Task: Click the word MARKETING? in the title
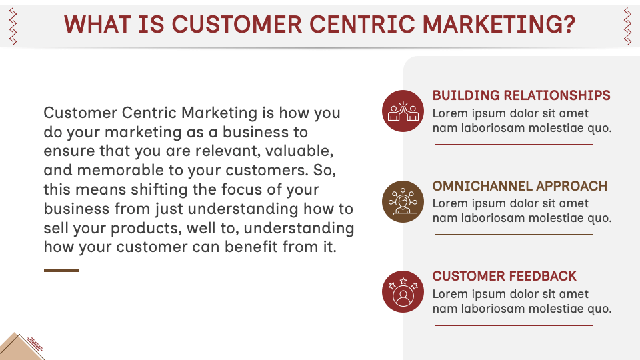[x=499, y=25]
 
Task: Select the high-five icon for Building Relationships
[x=403, y=111]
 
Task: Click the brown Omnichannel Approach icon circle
[x=403, y=201]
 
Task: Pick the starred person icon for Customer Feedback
[x=403, y=292]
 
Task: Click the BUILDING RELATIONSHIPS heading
[x=521, y=95]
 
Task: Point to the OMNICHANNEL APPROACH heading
[x=520, y=186]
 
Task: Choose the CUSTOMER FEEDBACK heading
[x=505, y=276]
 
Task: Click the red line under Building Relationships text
[x=513, y=145]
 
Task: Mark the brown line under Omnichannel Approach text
[x=513, y=235]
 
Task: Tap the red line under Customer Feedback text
[x=513, y=325]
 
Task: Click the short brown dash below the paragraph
[x=61, y=271]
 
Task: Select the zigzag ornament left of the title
[x=13, y=26]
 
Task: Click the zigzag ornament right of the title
[x=627, y=26]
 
